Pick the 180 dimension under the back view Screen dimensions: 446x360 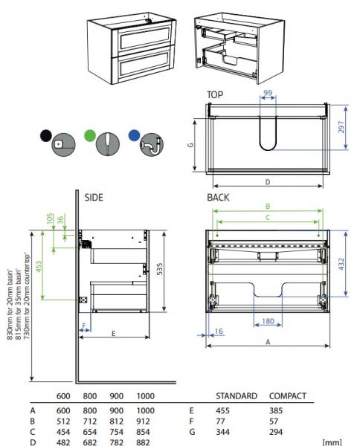pos(268,321)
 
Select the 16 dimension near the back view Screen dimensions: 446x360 pos(218,332)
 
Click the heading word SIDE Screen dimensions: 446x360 pos(93,198)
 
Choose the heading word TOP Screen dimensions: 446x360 pos(215,94)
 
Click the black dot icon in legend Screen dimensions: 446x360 pos(45,136)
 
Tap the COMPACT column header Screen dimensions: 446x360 pos(287,395)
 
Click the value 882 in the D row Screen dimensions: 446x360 pos(146,444)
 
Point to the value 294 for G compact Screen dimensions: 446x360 pos(277,432)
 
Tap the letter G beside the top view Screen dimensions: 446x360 pos(191,146)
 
